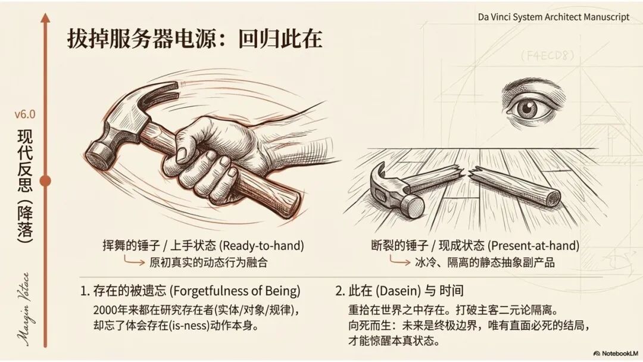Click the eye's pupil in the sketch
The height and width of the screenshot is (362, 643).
point(527,107)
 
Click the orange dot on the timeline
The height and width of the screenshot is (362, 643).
point(45,180)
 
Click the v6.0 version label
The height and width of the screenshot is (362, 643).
point(25,114)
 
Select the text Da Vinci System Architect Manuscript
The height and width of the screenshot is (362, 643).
point(554,17)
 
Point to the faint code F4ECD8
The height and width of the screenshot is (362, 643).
point(548,55)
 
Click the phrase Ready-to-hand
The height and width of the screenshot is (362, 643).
point(261,245)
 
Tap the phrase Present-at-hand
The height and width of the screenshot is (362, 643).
point(533,245)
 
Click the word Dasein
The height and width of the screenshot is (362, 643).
point(398,291)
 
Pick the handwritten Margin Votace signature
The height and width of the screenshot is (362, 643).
point(24,309)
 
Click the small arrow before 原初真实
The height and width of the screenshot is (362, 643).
point(134,260)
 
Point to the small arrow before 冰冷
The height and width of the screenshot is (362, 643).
point(400,260)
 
